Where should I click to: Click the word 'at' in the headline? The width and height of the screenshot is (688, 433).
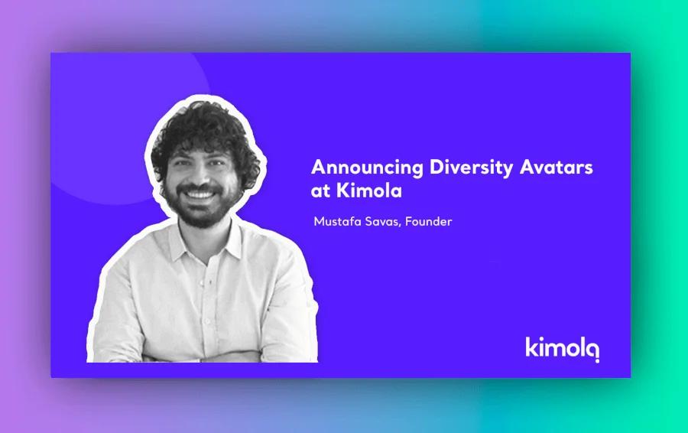(x=321, y=190)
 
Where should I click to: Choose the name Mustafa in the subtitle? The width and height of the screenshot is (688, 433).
(x=337, y=223)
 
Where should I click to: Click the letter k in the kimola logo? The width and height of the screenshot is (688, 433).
(x=531, y=346)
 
